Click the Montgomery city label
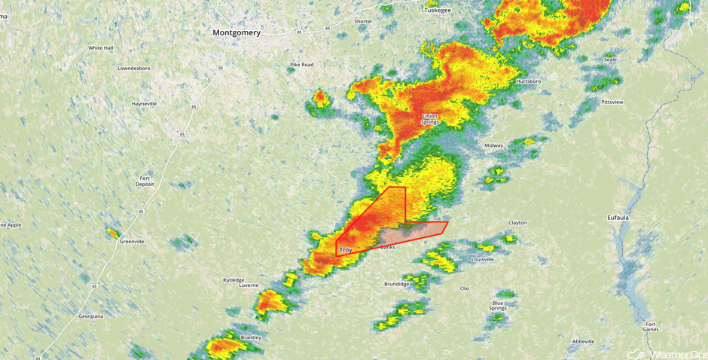point(237,33)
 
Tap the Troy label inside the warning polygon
point(346,249)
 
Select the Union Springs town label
point(430,119)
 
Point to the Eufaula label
point(618,218)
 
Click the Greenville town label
point(131,242)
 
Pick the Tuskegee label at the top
point(437,11)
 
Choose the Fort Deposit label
point(145,181)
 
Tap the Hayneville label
point(144,103)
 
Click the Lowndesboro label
point(134,69)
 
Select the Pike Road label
point(301,65)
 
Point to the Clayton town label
point(517,223)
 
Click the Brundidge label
point(397,284)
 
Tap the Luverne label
point(249,285)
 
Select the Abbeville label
point(583,341)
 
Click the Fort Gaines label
point(650,326)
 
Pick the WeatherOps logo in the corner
point(666,353)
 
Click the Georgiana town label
point(90,316)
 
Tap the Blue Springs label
point(498,305)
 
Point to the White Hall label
point(100,48)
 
